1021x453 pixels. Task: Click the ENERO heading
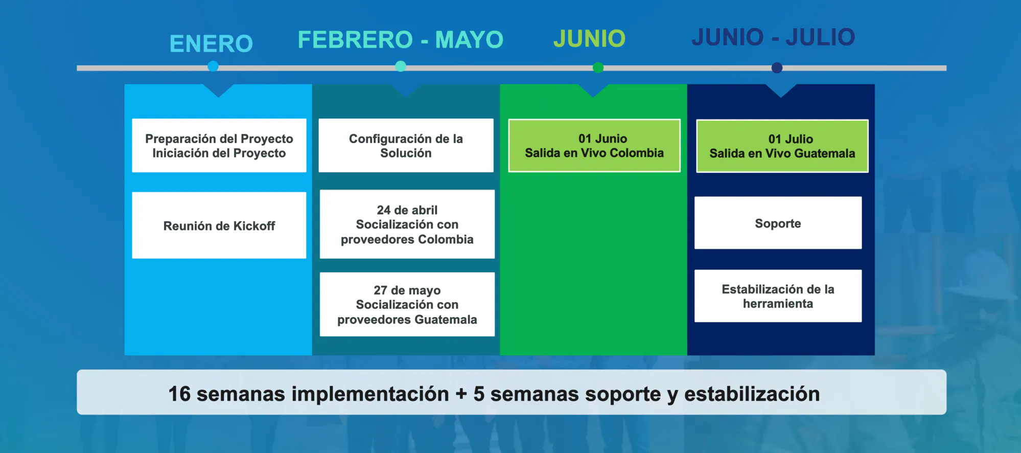click(x=211, y=43)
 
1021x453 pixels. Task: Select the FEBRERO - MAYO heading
click(x=401, y=39)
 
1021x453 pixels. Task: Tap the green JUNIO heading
click(x=589, y=38)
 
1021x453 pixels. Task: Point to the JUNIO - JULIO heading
click(x=773, y=37)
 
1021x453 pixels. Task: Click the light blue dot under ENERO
click(x=213, y=66)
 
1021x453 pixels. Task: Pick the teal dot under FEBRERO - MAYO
click(x=401, y=66)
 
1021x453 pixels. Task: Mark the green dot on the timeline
click(x=598, y=67)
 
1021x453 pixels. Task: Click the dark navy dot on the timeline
click(x=777, y=67)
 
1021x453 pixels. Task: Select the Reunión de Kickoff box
click(x=219, y=225)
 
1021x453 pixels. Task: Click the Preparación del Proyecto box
click(x=219, y=146)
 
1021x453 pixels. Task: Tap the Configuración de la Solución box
click(x=406, y=146)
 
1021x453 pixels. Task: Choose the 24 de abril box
click(x=407, y=224)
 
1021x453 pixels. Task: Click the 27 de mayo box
click(x=407, y=305)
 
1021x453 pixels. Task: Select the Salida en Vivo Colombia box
click(x=594, y=146)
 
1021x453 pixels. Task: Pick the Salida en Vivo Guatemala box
click(x=782, y=146)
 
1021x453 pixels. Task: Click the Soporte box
click(x=778, y=223)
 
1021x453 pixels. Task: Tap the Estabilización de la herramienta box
click(x=778, y=296)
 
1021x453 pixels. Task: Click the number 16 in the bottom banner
click(x=179, y=394)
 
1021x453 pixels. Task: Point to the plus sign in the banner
click(x=461, y=394)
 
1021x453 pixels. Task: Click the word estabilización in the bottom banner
click(x=752, y=394)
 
